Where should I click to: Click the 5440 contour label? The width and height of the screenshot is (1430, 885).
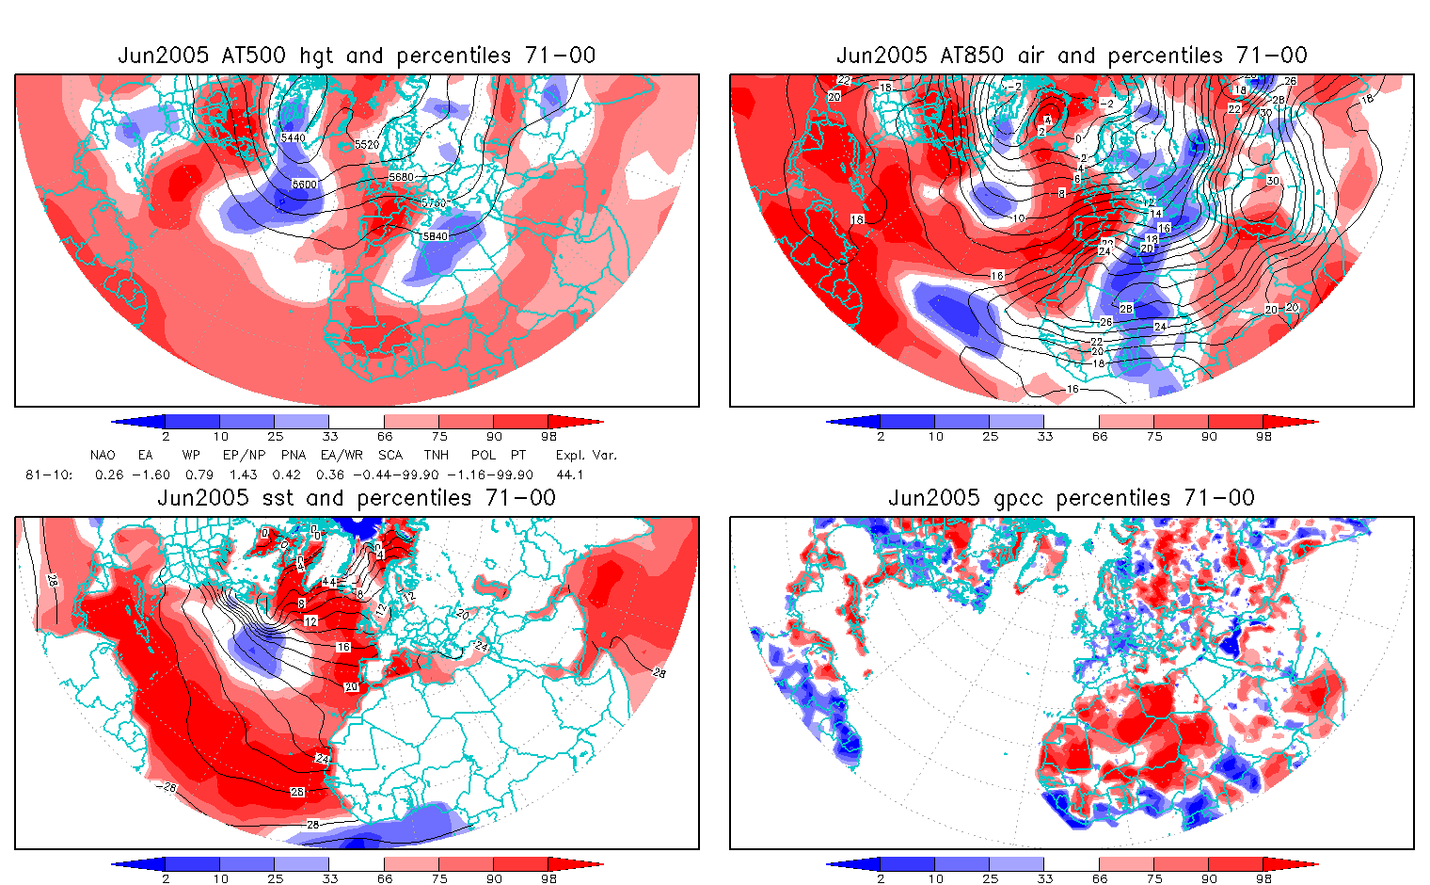tap(294, 137)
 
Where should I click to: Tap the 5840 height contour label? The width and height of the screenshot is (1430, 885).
tap(436, 236)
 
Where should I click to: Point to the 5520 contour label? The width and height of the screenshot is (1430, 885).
tap(368, 145)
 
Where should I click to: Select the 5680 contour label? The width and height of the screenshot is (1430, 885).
tap(401, 177)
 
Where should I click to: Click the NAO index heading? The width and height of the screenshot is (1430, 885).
tap(103, 455)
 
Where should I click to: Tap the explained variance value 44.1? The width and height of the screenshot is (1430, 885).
tap(569, 475)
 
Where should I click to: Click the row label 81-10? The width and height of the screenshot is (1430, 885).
tap(49, 475)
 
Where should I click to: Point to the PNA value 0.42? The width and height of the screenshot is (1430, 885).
tap(286, 475)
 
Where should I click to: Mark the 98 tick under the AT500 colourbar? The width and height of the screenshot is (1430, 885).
tap(548, 436)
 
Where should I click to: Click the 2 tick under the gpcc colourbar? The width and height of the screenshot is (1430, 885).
tap(881, 878)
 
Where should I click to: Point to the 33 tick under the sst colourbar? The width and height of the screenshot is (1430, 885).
tap(329, 878)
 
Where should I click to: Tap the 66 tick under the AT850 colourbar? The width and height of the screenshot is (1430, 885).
tap(1100, 436)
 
